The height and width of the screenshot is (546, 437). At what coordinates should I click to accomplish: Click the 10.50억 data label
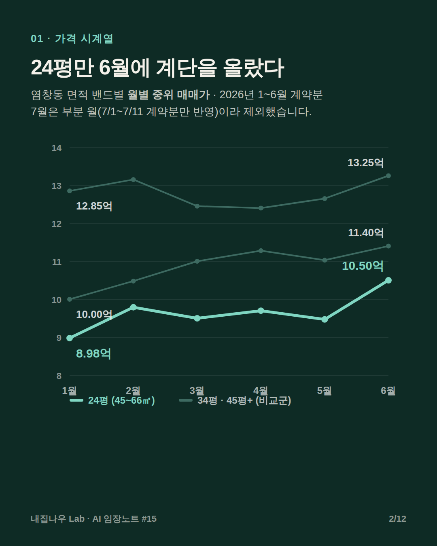pos(363,266)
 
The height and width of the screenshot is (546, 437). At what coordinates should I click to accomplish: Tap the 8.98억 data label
pos(93,353)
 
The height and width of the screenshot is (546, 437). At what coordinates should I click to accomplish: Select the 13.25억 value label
pos(365,163)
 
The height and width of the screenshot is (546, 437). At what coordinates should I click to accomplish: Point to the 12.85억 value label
pos(94,206)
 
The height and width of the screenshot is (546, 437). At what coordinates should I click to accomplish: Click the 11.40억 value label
pos(366,233)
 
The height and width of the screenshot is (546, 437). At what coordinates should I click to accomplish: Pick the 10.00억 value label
pos(94,314)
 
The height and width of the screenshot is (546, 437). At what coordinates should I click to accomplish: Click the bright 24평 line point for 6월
pos(388,280)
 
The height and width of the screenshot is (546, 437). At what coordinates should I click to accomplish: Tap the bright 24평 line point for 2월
pos(133,307)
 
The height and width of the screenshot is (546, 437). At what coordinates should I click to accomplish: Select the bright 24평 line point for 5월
pos(325,320)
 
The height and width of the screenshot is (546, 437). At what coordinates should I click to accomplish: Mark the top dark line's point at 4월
pos(261,208)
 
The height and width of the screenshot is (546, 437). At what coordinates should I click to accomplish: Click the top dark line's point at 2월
pos(133,180)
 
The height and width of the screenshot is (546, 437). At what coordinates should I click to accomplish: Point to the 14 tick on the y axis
pos(57,148)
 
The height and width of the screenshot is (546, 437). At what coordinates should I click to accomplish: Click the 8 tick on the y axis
pos(59,376)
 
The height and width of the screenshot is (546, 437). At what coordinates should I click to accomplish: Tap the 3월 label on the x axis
pos(197,390)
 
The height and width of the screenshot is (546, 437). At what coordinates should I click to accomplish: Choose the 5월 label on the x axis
pos(324,390)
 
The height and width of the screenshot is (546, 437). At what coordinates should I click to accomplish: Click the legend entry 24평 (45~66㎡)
pos(112,400)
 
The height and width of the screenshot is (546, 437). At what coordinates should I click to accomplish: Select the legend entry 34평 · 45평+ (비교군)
pos(235,400)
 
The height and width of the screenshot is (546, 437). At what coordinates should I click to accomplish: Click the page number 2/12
pos(397,518)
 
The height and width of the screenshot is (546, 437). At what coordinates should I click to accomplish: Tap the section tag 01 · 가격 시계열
pos(72,38)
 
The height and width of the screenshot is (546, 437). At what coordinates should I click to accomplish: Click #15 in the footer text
pos(149,518)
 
